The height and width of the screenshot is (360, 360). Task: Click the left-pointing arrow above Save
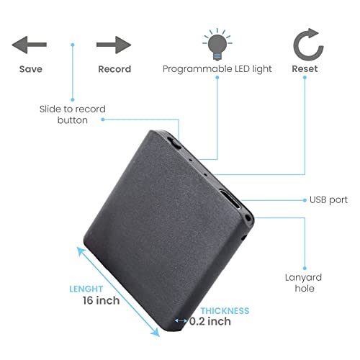30,45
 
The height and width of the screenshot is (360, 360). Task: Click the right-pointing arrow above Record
114,45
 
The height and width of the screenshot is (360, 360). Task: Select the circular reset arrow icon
308,45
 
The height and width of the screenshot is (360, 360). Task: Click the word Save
31,69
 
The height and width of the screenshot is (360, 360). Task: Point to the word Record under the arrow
114,69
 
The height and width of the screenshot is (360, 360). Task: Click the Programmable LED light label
217,69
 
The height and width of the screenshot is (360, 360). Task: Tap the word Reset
305,69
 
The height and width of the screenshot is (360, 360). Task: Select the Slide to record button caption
73,114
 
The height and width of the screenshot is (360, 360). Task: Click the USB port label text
328,200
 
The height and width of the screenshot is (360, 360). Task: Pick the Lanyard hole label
304,283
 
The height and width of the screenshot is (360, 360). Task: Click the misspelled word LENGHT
86,289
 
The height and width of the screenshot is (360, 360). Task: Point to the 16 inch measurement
101,300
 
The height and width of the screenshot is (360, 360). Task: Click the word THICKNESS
225,311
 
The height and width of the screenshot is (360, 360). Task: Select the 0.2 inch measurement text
210,321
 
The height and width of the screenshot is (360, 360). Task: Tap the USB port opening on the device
230,199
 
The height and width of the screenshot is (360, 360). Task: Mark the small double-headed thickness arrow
181,320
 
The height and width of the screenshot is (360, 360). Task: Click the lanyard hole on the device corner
248,218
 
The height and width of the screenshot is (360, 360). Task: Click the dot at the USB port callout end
305,200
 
